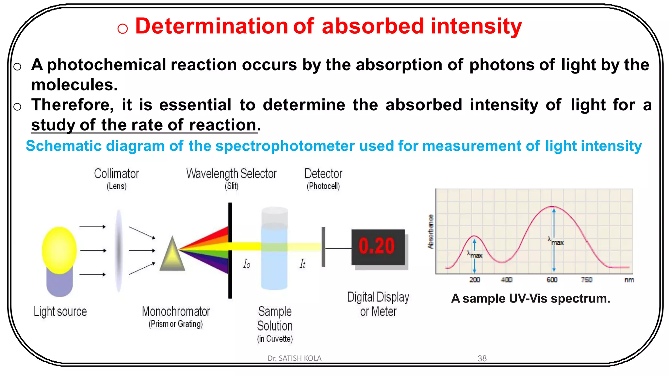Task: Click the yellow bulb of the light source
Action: pyautogui.click(x=59, y=250)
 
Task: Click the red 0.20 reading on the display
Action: pyautogui.click(x=377, y=246)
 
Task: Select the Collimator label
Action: pyautogui.click(x=116, y=174)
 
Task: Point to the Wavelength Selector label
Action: pyautogui.click(x=231, y=174)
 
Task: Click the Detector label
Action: pyautogui.click(x=323, y=174)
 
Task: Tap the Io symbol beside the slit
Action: pyautogui.click(x=247, y=264)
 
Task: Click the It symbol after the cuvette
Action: pyautogui.click(x=302, y=264)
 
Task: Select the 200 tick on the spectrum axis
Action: pyautogui.click(x=474, y=280)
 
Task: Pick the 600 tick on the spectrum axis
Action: pyautogui.click(x=552, y=280)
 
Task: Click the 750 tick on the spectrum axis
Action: pyautogui.click(x=587, y=280)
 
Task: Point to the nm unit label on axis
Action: pyautogui.click(x=629, y=280)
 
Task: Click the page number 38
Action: pyautogui.click(x=482, y=358)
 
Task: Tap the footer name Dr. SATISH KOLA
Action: pyautogui.click(x=294, y=358)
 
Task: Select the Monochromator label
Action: pyautogui.click(x=176, y=311)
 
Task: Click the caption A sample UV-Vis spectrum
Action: pyautogui.click(x=530, y=298)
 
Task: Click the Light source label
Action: pyautogui.click(x=60, y=311)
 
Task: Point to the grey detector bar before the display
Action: pyautogui.click(x=323, y=247)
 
